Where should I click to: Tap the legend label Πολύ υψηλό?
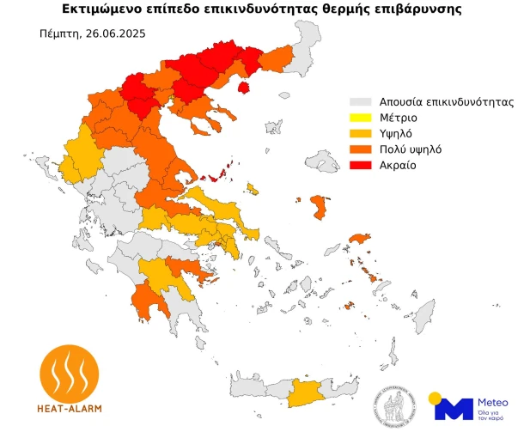click(411, 149)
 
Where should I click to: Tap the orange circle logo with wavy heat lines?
click(70, 371)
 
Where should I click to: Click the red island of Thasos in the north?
click(243, 87)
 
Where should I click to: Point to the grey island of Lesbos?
click(324, 162)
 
